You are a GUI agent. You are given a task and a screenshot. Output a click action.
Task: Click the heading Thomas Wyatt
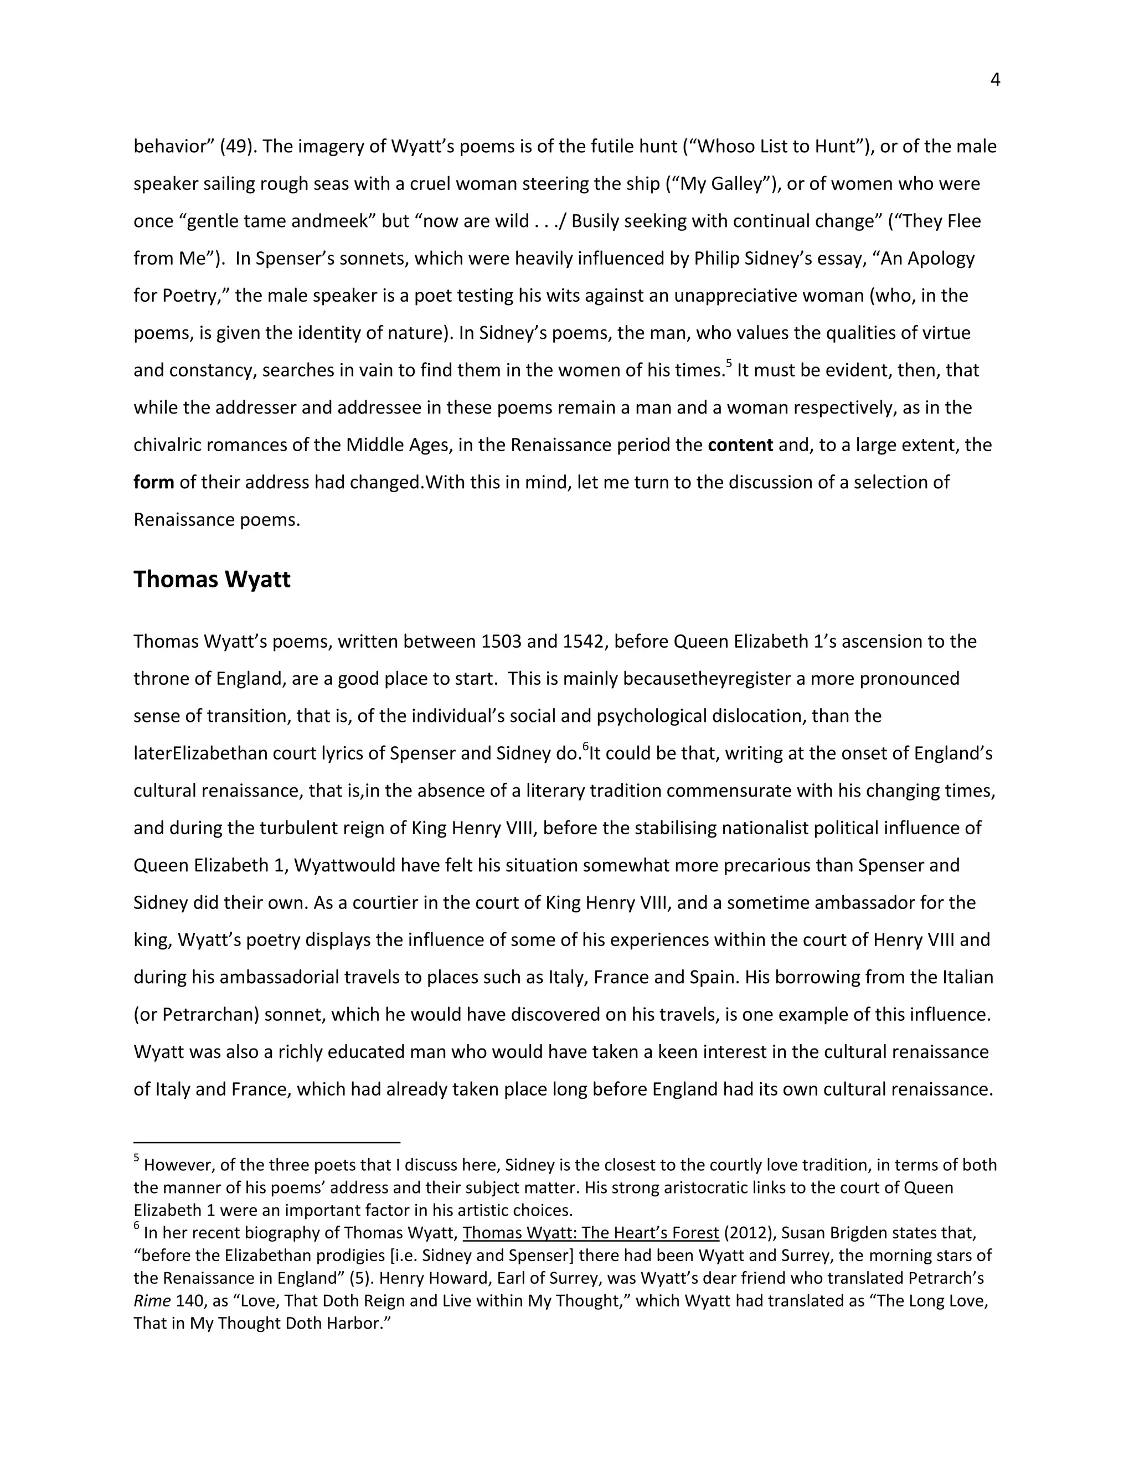tap(212, 579)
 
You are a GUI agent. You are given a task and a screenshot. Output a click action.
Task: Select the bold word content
tap(740, 445)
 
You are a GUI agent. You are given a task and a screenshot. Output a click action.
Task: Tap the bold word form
tap(154, 482)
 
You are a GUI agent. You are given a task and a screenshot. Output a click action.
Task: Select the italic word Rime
tap(152, 1301)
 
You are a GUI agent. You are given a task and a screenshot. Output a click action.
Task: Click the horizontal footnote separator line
tap(267, 1142)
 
